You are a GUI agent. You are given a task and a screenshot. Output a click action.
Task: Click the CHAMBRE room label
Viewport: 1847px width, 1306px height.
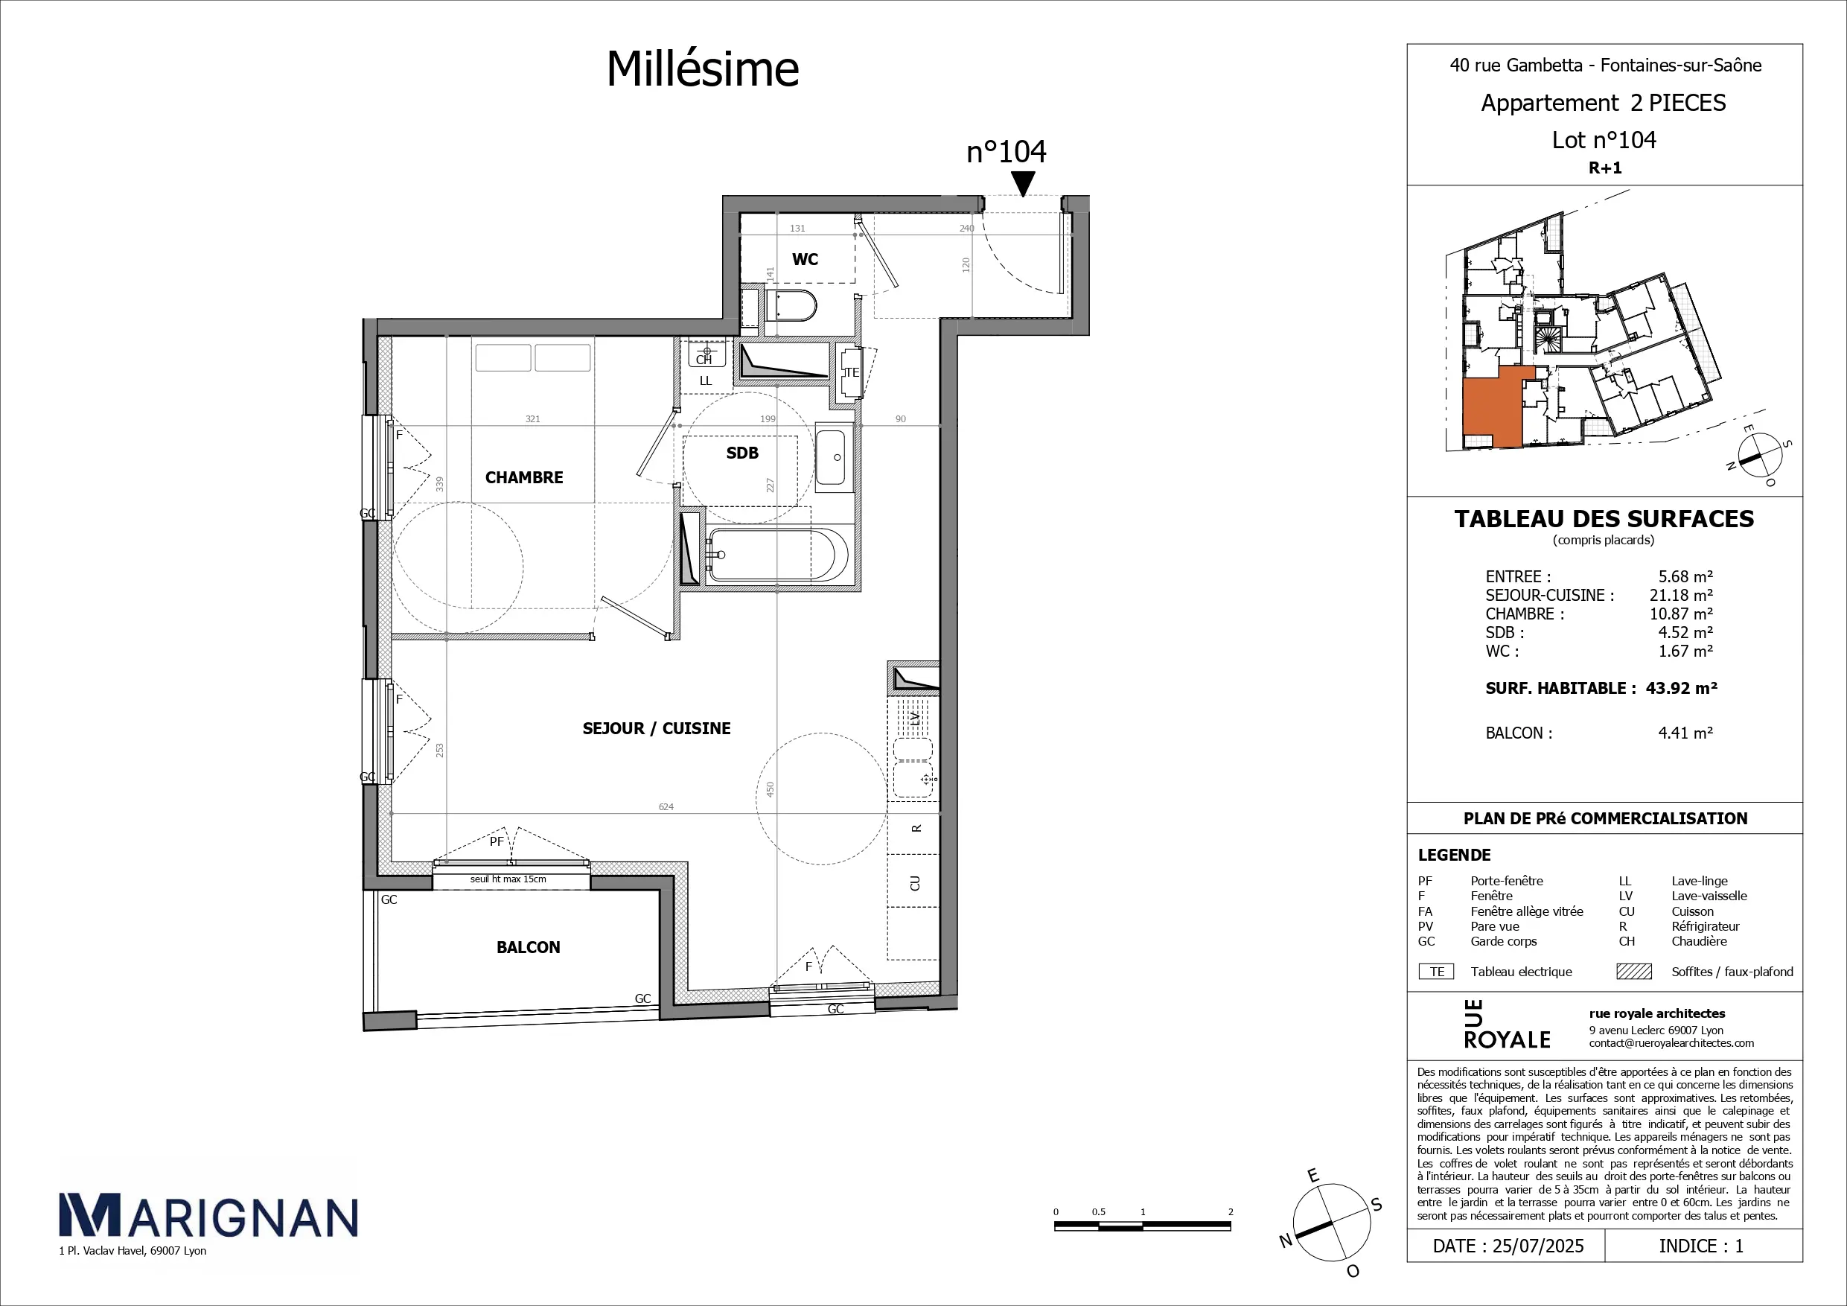[x=523, y=477]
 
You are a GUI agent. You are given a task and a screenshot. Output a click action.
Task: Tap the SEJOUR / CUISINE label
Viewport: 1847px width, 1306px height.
[x=657, y=728]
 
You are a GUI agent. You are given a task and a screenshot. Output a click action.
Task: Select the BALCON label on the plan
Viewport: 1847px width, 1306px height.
[x=528, y=947]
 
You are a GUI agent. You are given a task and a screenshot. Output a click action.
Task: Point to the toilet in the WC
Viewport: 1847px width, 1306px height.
[x=791, y=306]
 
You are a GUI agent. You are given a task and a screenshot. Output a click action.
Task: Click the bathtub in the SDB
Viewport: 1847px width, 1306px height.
[x=777, y=555]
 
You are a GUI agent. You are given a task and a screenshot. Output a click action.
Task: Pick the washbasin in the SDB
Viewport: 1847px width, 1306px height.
[x=835, y=457]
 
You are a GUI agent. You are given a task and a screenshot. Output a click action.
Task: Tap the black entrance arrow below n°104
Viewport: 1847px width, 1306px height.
[x=1022, y=186]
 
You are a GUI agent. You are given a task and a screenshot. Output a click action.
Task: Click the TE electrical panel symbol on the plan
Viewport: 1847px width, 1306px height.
[x=850, y=372]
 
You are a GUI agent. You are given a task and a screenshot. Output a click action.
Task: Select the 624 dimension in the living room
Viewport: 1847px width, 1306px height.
[x=666, y=806]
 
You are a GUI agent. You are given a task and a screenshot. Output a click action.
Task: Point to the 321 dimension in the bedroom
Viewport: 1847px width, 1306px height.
[x=532, y=418]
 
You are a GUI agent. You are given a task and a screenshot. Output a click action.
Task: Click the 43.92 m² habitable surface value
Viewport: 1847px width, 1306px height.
[x=1681, y=688]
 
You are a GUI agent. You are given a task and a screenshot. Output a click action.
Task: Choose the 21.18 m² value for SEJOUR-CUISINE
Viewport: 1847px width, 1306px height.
[x=1680, y=595]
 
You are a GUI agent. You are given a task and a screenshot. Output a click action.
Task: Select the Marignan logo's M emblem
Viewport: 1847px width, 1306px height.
[x=89, y=1215]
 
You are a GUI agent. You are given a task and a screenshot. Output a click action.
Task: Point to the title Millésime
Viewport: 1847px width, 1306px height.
[x=702, y=69]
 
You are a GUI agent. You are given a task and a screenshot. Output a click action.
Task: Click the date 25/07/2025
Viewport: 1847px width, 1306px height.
[x=1538, y=1246]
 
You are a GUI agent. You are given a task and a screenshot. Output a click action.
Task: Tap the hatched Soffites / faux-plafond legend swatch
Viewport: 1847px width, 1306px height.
[x=1634, y=971]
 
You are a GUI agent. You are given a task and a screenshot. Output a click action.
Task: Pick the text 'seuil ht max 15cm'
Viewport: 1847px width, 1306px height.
[x=508, y=879]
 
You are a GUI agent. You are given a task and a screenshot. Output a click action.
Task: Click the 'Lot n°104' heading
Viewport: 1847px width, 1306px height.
[x=1604, y=140]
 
